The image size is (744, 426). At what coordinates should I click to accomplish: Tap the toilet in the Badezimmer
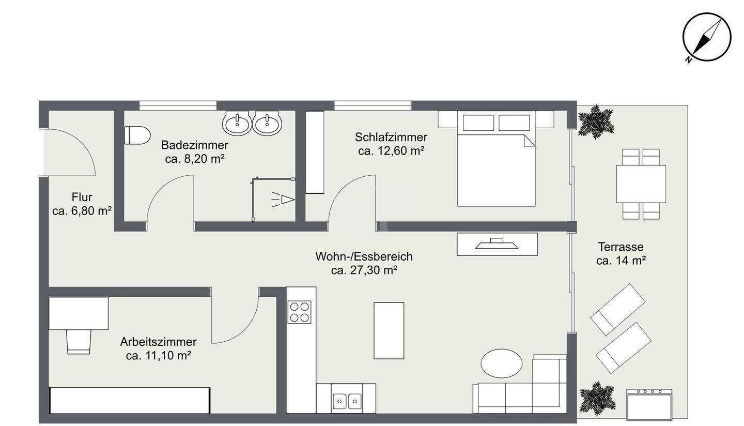point(137,135)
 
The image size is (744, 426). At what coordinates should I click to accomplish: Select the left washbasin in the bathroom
point(237,124)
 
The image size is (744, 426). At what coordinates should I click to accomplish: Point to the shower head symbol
point(284,199)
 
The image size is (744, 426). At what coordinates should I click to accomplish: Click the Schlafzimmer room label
point(391,138)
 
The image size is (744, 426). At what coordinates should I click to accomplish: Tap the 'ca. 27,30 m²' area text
point(364,270)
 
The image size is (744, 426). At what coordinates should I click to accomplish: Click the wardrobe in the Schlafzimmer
point(314,153)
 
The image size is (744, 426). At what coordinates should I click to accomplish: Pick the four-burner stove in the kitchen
point(299,312)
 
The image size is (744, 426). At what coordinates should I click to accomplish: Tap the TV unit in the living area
point(497,244)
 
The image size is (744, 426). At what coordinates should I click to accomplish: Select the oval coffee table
point(501,363)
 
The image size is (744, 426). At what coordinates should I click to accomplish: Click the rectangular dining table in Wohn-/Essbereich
point(389,330)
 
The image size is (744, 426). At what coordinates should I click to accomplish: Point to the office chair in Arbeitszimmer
point(79,342)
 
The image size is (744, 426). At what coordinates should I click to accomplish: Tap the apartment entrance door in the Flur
point(72,150)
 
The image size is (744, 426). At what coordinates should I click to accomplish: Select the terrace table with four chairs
point(641,184)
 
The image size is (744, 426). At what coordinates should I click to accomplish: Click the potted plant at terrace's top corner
point(595,122)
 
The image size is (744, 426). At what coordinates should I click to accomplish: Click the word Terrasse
point(621,247)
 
